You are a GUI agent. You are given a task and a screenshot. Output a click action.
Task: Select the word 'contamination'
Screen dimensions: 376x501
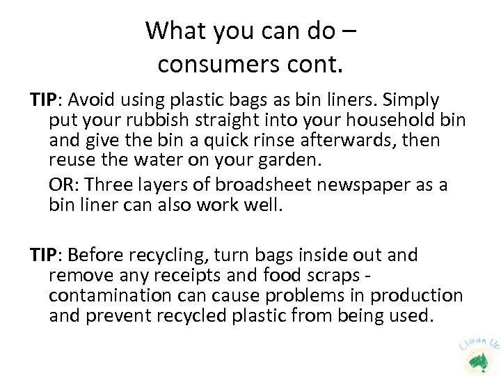[104, 295]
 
